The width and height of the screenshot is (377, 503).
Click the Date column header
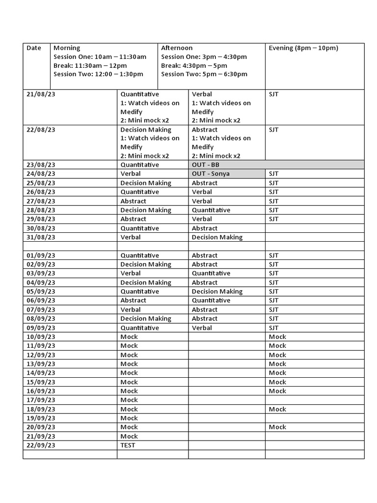click(34, 48)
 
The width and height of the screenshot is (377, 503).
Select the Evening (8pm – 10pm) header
click(303, 48)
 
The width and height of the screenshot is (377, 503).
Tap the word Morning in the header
click(67, 48)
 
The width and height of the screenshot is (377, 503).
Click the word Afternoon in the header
click(177, 48)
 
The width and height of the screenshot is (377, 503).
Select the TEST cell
click(128, 446)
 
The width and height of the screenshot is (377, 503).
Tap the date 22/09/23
click(41, 446)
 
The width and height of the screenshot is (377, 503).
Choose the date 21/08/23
click(41, 94)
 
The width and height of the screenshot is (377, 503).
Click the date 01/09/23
click(41, 255)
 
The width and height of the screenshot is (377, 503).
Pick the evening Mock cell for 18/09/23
click(277, 409)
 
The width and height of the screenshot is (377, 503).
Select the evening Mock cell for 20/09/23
click(277, 427)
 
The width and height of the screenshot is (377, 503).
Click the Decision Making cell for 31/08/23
click(217, 237)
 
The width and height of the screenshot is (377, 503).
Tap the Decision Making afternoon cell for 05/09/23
click(217, 291)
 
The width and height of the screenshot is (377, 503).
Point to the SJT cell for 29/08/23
click(273, 219)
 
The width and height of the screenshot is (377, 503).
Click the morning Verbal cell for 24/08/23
click(131, 174)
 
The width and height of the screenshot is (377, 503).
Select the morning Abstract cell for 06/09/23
click(133, 301)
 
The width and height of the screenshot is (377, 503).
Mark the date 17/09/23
click(41, 400)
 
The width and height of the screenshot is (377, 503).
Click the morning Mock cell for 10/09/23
click(129, 337)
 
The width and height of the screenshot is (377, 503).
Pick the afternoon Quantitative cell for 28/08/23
click(211, 210)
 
